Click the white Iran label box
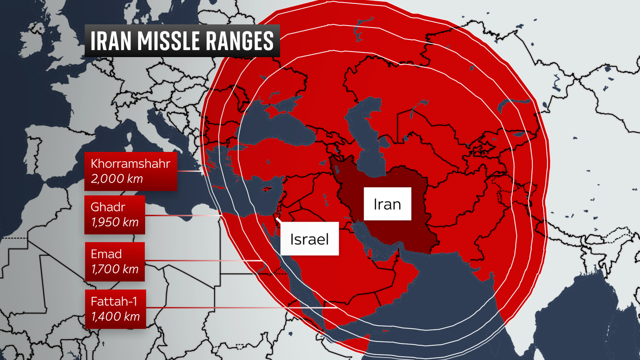[387, 204]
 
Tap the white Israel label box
[309, 239]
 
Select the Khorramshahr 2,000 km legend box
[130, 171]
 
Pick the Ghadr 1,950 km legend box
[114, 215]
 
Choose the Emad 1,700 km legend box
[114, 262]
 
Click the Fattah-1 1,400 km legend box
[115, 309]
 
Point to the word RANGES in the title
[240, 41]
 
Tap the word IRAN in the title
[111, 41]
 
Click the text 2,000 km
[116, 179]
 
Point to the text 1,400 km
[115, 316]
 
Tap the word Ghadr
[108, 207]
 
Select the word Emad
[106, 254]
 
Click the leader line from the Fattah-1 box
[240, 308]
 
